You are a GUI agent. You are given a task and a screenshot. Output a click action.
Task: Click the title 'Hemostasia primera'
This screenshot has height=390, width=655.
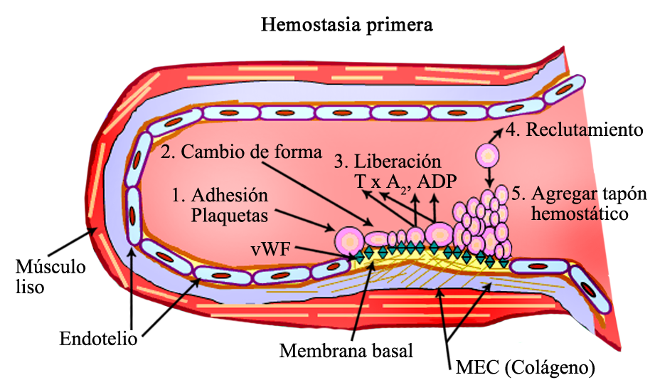point(347,26)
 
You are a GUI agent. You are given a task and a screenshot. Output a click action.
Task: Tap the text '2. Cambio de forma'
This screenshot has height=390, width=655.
point(240,152)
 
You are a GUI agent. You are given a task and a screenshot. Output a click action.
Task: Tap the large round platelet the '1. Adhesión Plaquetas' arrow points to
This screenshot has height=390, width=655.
point(348,239)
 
